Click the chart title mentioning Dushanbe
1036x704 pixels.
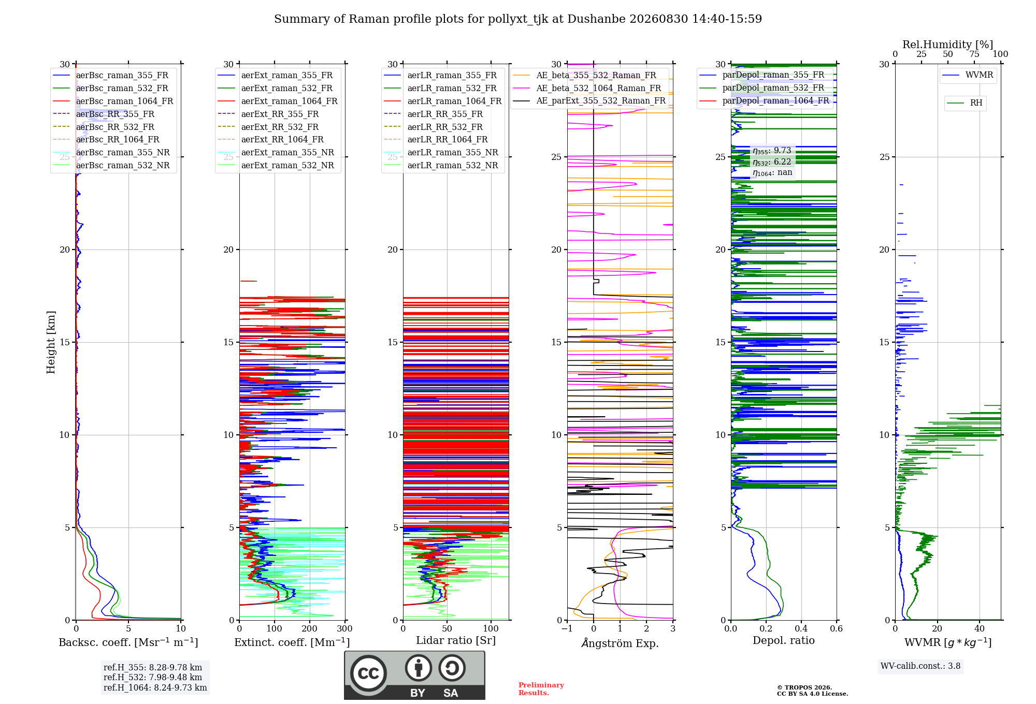point(518,19)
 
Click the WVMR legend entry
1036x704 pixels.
point(968,75)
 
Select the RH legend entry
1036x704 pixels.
point(965,103)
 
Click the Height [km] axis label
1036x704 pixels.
point(51,342)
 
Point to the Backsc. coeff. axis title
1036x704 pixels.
point(128,642)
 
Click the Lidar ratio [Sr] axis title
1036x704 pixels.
point(456,640)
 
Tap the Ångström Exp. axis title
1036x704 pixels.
point(620,643)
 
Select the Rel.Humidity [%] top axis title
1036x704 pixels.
point(948,45)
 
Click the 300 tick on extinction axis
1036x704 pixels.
point(344,629)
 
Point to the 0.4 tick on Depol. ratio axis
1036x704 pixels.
point(801,629)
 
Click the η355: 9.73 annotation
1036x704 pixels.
point(772,151)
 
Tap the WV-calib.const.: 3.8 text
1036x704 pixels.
point(920,666)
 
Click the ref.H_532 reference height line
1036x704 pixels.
point(153,677)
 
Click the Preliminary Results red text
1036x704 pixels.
point(541,689)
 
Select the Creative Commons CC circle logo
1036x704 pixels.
point(368,673)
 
